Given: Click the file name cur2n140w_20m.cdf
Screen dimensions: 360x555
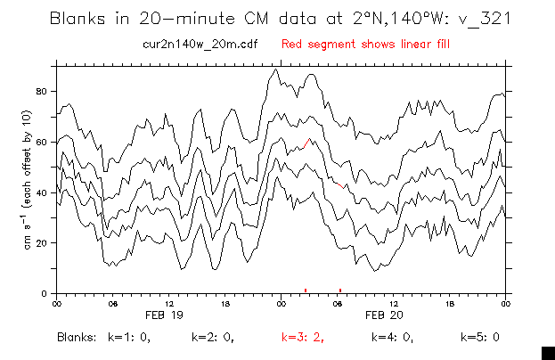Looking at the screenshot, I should coord(188,43).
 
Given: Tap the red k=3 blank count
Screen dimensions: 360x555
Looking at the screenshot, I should coord(302,339).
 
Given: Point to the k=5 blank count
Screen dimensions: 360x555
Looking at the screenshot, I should coord(479,339).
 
